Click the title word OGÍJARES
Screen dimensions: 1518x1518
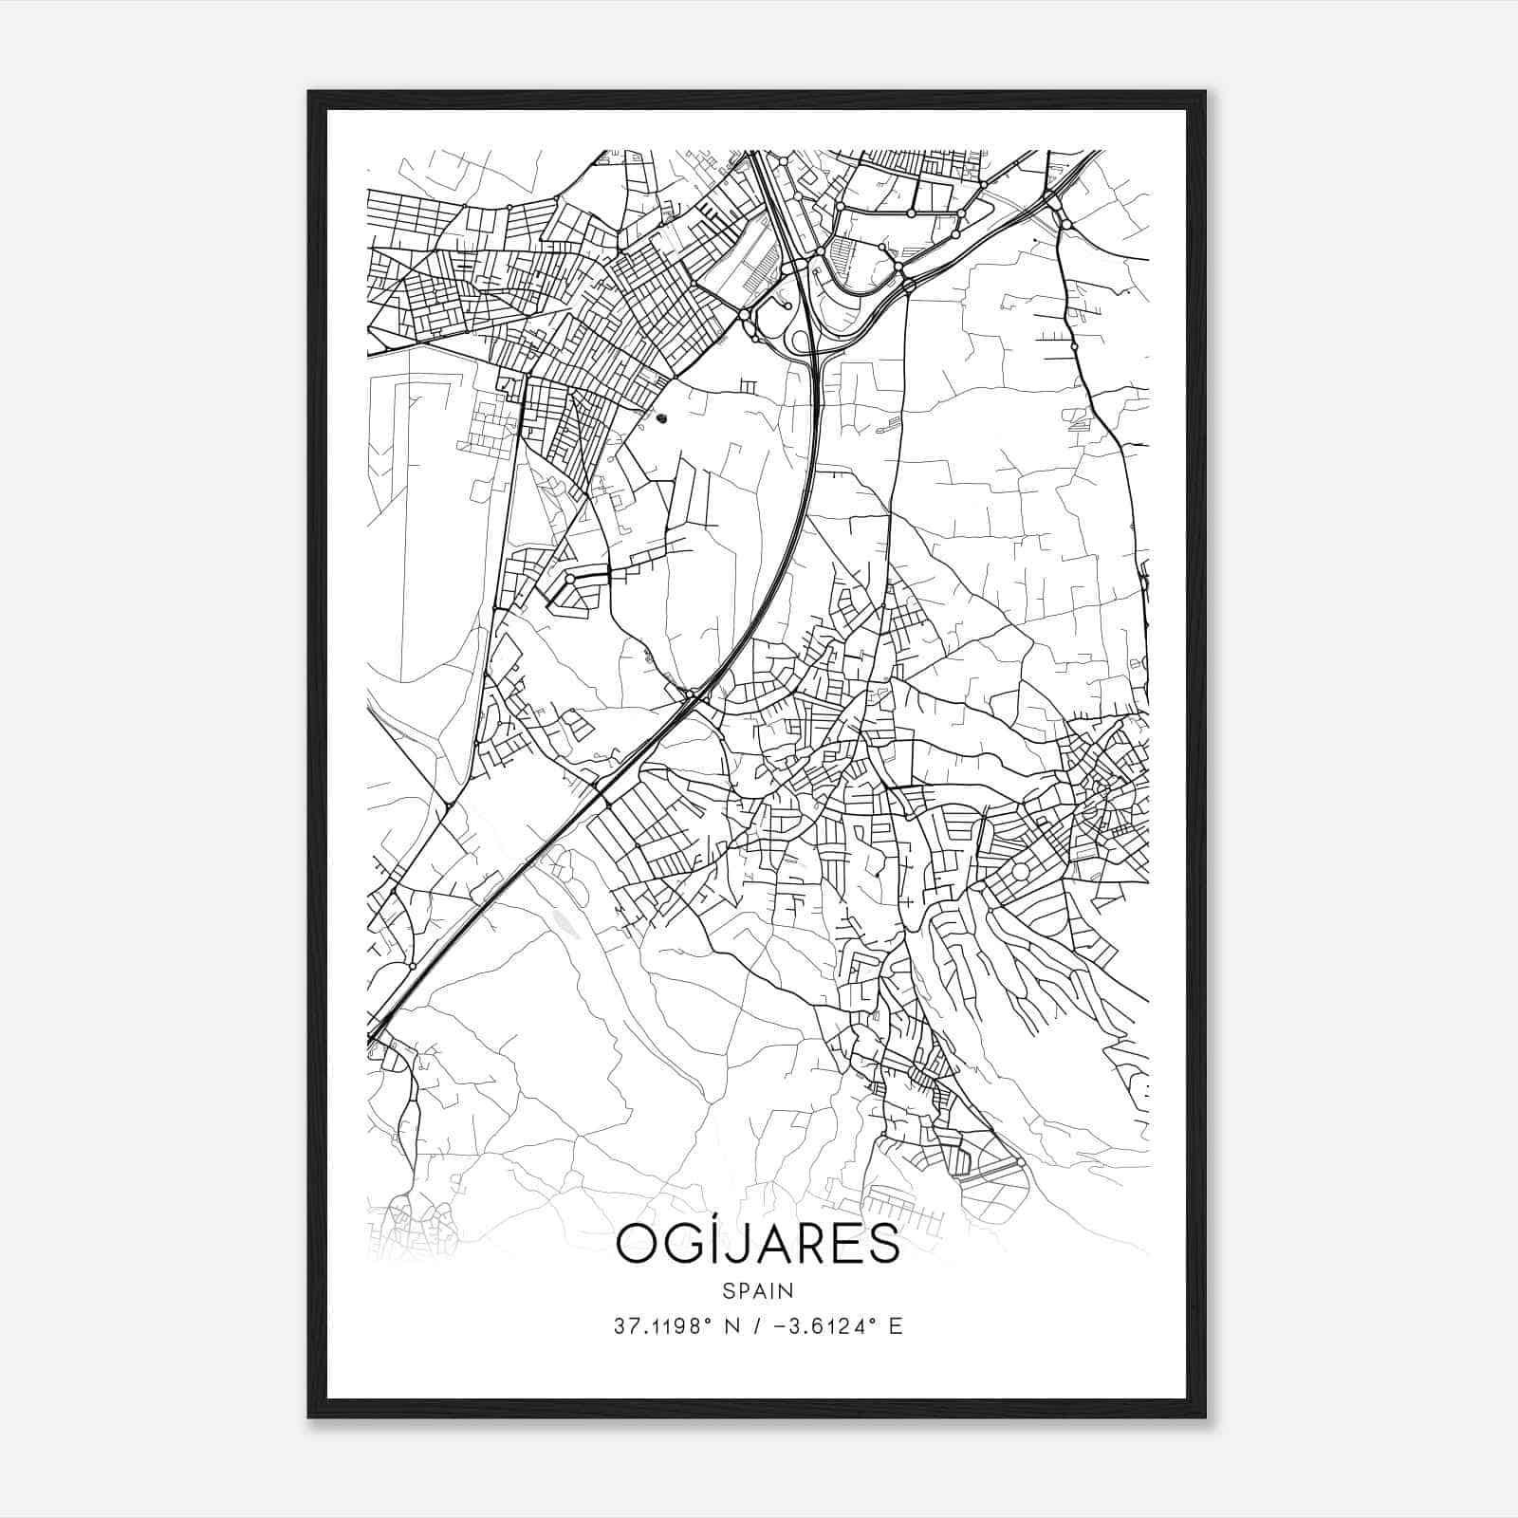click(757, 1244)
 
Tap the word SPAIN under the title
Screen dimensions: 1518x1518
click(757, 1290)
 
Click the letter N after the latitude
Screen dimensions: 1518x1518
click(731, 1326)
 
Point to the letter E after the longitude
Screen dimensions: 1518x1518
click(895, 1326)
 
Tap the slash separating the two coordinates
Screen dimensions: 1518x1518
click(755, 1326)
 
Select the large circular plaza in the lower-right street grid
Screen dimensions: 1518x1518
click(1021, 871)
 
